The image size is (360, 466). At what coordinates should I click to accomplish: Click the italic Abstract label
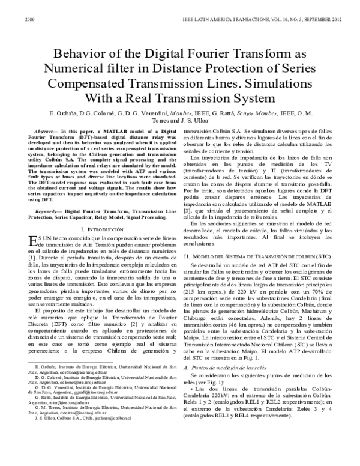(46, 130)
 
